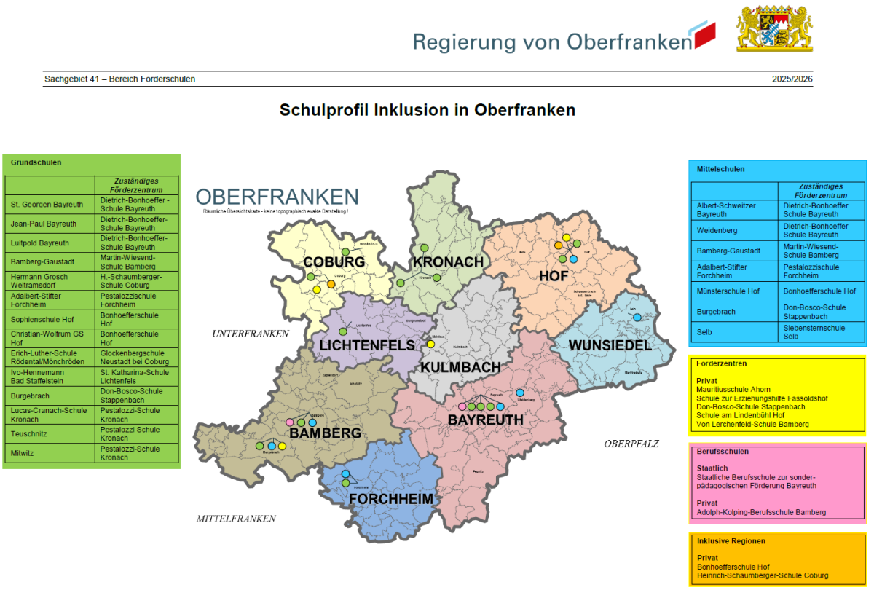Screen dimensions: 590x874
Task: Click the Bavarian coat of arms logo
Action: tap(774, 30)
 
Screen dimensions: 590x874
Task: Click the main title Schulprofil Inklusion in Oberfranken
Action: tap(428, 110)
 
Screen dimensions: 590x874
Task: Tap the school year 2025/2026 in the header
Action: tap(792, 79)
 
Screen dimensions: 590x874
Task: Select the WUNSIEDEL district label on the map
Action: tap(610, 345)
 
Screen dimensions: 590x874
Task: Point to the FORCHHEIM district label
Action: tap(391, 499)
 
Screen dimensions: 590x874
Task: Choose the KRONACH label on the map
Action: tap(448, 261)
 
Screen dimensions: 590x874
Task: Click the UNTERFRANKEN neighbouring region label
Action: tap(251, 334)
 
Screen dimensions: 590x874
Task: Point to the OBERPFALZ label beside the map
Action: tap(631, 443)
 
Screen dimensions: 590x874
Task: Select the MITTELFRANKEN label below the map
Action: tap(236, 519)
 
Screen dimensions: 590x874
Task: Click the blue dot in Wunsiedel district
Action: tap(637, 318)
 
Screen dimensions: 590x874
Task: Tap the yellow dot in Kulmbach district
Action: tap(430, 344)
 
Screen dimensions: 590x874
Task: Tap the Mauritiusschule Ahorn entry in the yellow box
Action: tap(733, 390)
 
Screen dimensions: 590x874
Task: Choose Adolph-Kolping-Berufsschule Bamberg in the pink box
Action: tap(761, 512)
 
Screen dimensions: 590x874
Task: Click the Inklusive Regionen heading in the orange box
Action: tap(731, 541)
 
